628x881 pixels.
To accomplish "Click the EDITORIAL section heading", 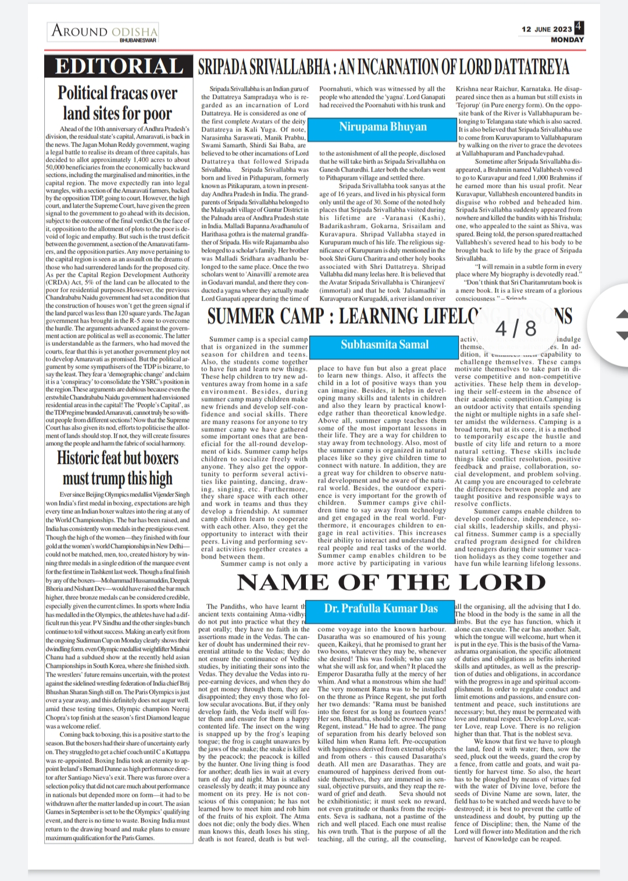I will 119,67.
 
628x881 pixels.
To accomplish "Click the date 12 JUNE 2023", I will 547,29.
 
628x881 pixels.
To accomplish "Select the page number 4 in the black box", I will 579,27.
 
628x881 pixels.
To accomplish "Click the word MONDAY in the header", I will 567,40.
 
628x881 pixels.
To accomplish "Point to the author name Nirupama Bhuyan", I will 383,127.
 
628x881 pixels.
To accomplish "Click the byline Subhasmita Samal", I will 384,344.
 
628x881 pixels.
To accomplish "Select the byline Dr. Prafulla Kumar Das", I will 381,608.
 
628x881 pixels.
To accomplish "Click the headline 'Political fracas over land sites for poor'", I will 117,103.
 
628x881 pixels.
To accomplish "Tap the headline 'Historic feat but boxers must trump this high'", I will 117,468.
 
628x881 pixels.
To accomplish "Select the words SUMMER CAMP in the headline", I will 267,316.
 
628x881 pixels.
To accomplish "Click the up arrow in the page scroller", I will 621,314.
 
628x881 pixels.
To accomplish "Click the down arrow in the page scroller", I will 621,335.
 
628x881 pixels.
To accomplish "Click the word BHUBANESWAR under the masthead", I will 138,40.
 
